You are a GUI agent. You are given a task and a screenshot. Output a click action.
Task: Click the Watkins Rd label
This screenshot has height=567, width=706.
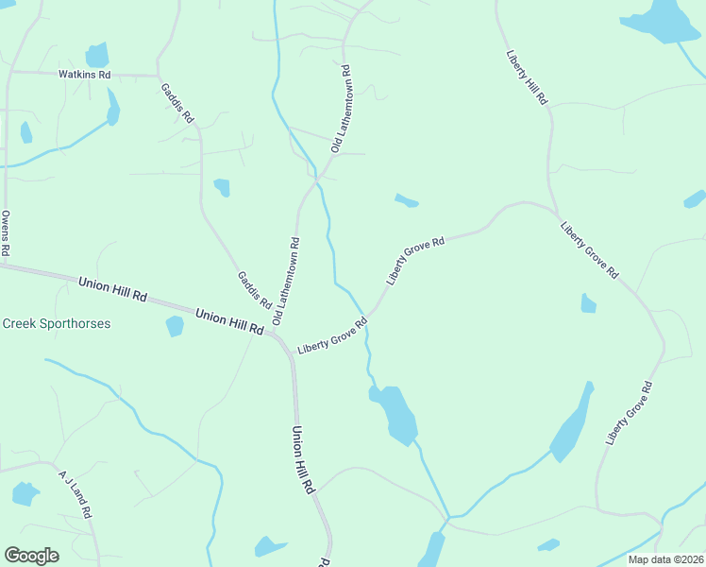(84, 75)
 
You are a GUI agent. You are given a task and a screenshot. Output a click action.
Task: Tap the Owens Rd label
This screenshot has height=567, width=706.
(6, 233)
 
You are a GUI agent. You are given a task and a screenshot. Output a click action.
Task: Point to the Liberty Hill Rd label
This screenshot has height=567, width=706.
(527, 77)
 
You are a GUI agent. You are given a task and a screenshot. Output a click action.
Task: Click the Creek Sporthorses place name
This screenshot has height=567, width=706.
(56, 324)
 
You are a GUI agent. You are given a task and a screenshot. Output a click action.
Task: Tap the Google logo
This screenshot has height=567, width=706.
(31, 556)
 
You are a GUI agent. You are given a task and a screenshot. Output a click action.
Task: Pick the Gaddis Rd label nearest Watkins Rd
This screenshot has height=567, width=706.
(176, 103)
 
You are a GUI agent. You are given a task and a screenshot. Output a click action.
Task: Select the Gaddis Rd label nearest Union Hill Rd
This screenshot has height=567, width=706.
(254, 291)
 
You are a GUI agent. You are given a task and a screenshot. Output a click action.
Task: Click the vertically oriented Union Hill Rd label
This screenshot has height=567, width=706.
(302, 461)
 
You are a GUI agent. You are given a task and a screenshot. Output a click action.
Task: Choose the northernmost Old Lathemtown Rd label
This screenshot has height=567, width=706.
(341, 109)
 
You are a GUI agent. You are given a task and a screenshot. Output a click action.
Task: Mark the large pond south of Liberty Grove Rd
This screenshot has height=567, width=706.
(397, 413)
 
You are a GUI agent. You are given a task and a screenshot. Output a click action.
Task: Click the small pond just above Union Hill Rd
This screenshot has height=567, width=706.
(174, 326)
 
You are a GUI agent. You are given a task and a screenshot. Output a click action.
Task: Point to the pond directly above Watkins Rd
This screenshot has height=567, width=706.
(96, 55)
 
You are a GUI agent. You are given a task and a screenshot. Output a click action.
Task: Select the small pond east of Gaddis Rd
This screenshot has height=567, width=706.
(222, 187)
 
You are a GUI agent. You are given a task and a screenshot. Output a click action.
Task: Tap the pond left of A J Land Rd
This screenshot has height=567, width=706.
(24, 493)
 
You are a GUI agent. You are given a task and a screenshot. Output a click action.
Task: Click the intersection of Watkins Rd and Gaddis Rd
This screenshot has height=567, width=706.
(158, 75)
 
